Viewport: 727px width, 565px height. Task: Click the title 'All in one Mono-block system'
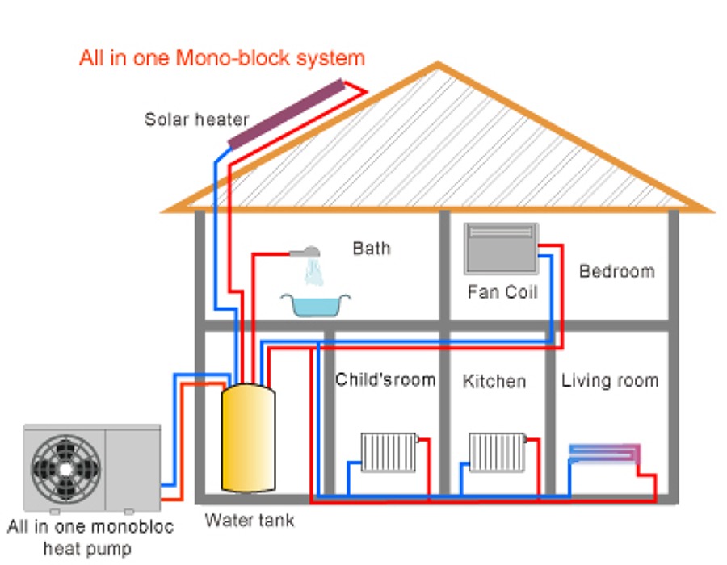click(x=222, y=58)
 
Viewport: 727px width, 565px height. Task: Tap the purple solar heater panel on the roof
click(x=286, y=114)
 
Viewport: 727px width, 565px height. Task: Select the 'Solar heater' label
click(x=196, y=120)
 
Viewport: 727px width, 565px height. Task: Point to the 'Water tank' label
click(x=249, y=521)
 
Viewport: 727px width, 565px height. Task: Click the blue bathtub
click(x=316, y=305)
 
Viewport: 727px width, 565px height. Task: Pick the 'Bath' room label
click(x=371, y=248)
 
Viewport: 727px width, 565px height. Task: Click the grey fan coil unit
click(x=501, y=248)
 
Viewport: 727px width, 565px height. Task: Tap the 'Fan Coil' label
click(x=502, y=291)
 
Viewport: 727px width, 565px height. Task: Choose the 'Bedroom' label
click(x=616, y=270)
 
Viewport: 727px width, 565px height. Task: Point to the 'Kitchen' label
click(x=494, y=380)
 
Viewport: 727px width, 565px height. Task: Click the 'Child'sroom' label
click(x=385, y=379)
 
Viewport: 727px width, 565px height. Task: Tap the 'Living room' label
click(x=610, y=380)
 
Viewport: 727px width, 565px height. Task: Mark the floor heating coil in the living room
click(x=604, y=453)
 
